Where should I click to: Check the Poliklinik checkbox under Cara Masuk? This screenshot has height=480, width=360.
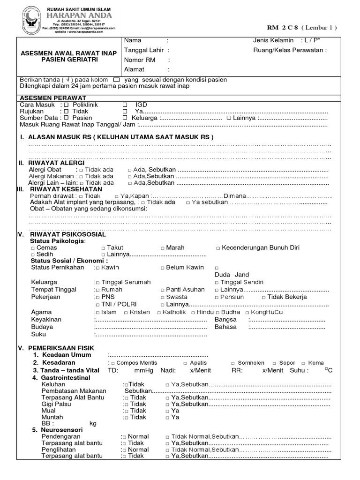pyautogui.click(x=66, y=105)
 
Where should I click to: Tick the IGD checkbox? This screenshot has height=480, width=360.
pyautogui.click(x=125, y=105)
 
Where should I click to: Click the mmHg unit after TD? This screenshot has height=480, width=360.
pyautogui.click(x=144, y=370)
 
